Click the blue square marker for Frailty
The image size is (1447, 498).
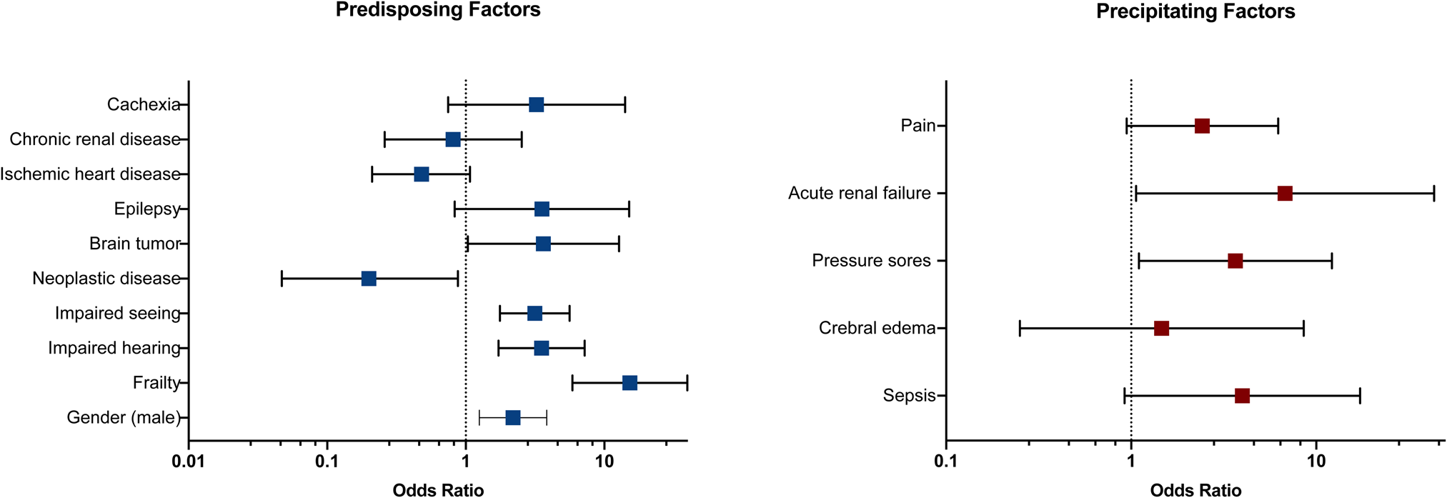click(630, 383)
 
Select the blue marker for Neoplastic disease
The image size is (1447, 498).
click(369, 279)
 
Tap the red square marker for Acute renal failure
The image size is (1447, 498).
click(1285, 194)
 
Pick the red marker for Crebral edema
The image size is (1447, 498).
click(1161, 329)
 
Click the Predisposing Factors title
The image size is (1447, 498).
click(437, 11)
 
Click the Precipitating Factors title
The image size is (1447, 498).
click(1195, 12)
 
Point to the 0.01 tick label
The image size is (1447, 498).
click(189, 462)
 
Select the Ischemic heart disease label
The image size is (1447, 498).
click(90, 174)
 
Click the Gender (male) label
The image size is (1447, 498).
click(123, 417)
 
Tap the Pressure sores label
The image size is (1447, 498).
click(871, 261)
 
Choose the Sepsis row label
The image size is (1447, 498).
click(909, 396)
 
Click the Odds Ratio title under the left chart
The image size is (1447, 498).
click(438, 490)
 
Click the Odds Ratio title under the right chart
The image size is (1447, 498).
click(1195, 490)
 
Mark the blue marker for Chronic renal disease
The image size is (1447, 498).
click(453, 139)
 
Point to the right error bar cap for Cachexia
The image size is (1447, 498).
click(625, 105)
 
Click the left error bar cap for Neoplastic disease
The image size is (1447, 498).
click(282, 279)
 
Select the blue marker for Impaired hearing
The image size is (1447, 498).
click(542, 348)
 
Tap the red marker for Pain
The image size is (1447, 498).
click(1202, 126)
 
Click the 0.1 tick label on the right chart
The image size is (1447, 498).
click(946, 462)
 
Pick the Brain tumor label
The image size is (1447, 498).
click(134, 244)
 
